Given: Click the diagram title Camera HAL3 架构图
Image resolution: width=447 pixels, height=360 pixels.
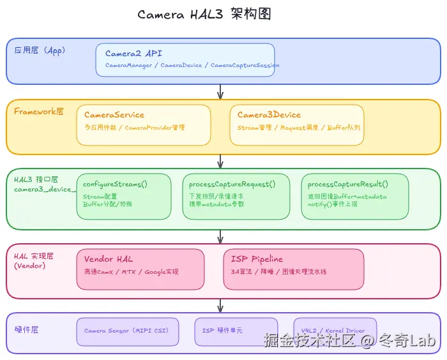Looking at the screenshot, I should [x=204, y=15].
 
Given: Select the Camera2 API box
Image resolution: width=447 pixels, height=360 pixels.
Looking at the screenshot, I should [x=185, y=59].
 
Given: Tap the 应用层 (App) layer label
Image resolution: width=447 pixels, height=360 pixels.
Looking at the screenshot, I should [x=40, y=50].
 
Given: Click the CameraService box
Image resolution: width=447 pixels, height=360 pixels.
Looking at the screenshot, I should [x=144, y=124].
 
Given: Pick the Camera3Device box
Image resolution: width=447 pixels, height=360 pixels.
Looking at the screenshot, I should [x=297, y=124].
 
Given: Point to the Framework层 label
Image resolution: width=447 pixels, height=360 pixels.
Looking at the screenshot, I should [x=39, y=111].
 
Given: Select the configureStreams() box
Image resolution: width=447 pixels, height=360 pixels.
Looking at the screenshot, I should [x=124, y=195].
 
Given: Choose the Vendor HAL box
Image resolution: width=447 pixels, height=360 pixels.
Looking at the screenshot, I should [x=140, y=269].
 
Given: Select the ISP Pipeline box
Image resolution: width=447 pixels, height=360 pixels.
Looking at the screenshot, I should [x=294, y=269].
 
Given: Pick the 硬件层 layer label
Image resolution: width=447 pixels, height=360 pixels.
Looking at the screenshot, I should [x=27, y=329].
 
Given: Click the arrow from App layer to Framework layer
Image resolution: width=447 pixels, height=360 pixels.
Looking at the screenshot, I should [x=220, y=92].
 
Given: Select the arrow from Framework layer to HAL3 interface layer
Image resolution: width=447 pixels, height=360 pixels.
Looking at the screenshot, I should [x=220, y=161].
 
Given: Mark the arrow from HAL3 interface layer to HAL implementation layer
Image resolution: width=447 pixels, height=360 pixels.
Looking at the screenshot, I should [x=220, y=236].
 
